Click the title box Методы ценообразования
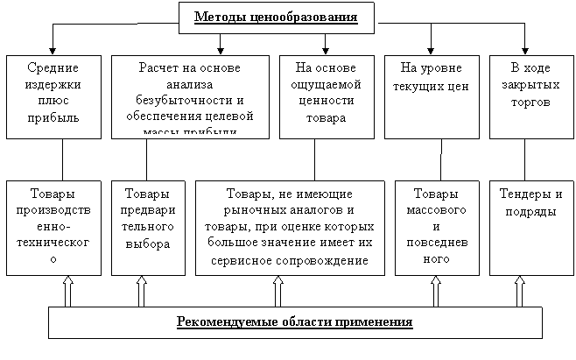tap(276, 18)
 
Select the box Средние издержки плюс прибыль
tap(53, 96)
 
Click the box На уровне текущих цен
tap(431, 96)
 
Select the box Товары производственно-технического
tap(53, 228)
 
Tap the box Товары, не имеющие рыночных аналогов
tap(289, 228)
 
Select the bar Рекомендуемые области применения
tap(294, 322)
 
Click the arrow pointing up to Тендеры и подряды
tap(520, 292)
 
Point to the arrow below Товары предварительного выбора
tap(141, 292)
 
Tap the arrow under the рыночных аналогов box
tap(277, 292)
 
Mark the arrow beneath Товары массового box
tap(435, 292)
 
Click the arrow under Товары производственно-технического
tap(67, 292)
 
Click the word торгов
tap(530, 102)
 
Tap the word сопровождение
tap(326, 260)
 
